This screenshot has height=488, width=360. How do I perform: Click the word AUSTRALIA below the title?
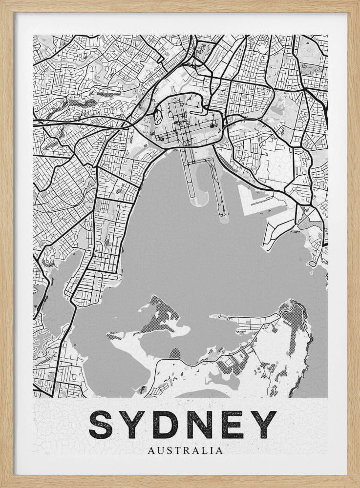click(x=181, y=450)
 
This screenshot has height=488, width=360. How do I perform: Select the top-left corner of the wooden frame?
click(x=2, y=2)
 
